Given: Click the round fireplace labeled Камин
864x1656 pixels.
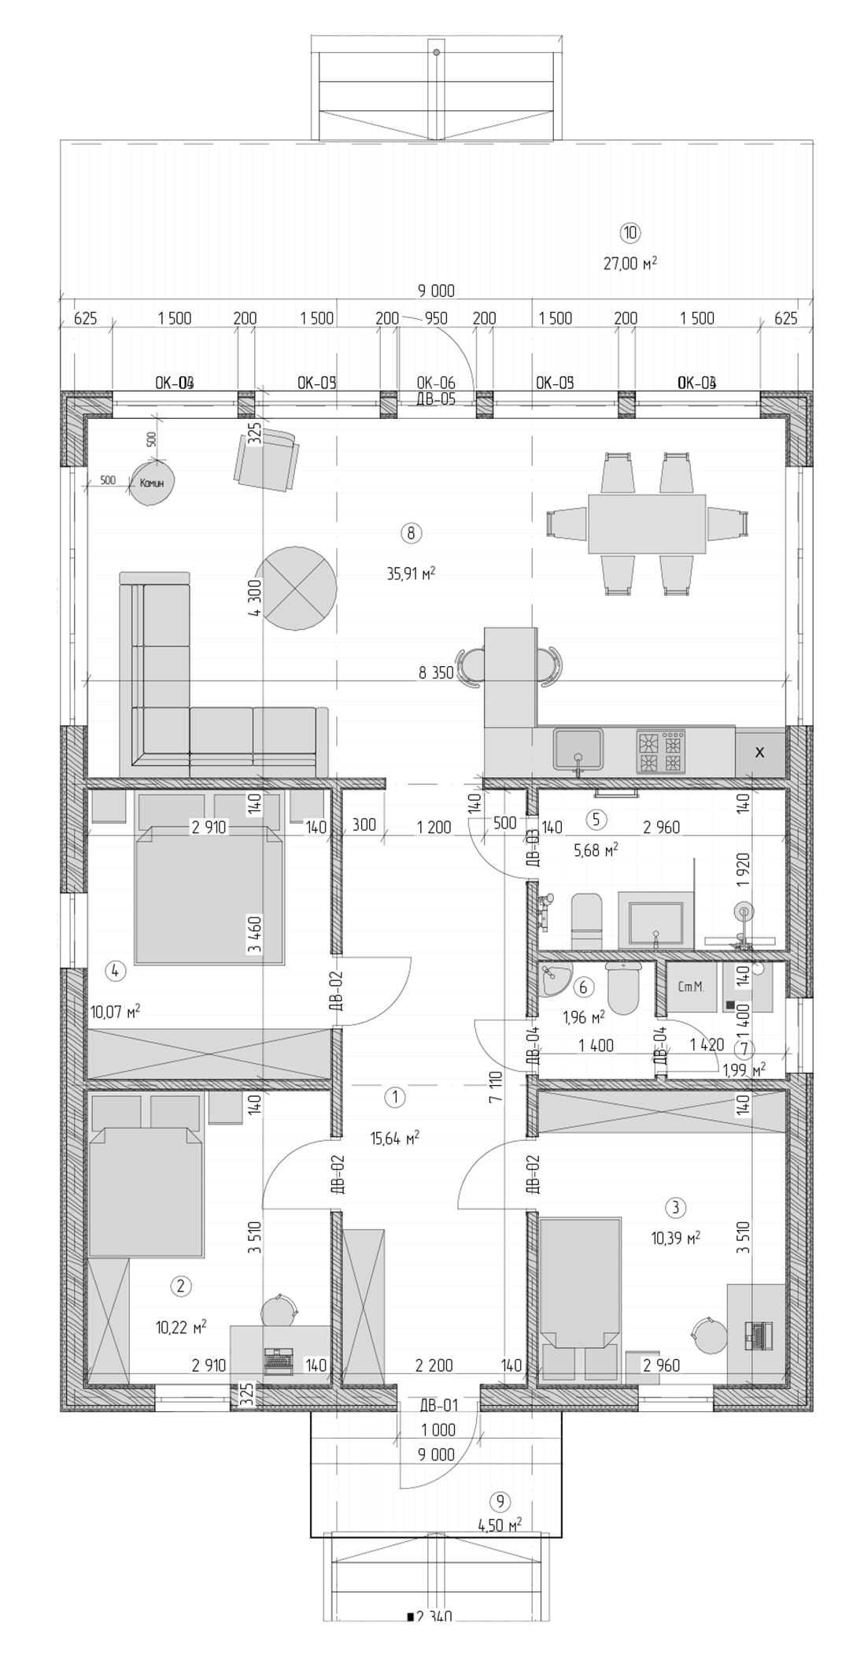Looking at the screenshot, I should [x=151, y=482].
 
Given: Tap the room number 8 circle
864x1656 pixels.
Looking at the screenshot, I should [x=411, y=533].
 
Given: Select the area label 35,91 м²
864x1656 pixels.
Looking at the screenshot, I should [x=411, y=573].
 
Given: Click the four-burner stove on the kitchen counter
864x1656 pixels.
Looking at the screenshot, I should [x=661, y=753].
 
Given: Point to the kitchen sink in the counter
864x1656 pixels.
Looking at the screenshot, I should [x=578, y=749].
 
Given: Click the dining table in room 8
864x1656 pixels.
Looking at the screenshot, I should [x=647, y=524].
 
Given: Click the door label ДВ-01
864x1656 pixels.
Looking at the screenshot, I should [x=438, y=1405].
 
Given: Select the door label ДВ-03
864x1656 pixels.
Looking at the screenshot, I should [x=533, y=848].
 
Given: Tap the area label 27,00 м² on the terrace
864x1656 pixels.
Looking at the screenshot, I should [x=630, y=263].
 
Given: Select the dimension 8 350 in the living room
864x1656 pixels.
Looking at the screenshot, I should [x=437, y=672].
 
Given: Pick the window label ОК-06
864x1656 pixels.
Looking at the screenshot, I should [x=436, y=383].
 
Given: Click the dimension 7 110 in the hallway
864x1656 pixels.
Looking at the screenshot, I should [x=495, y=1087].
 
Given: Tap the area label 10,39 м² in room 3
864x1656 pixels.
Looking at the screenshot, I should [x=675, y=1238].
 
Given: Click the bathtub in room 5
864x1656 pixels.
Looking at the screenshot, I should [x=655, y=918].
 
